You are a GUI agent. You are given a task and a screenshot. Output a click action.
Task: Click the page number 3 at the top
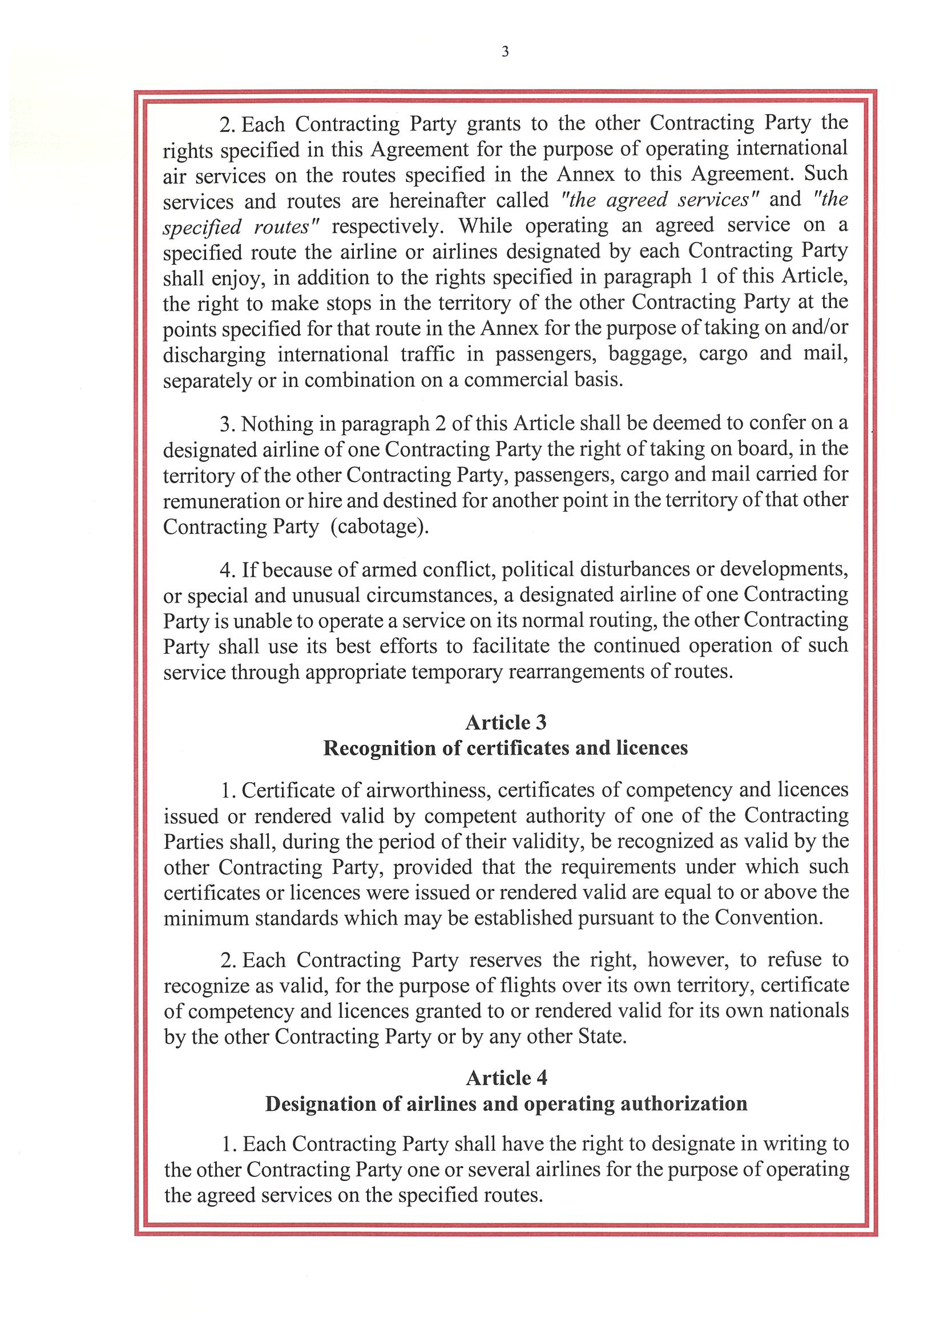(x=505, y=52)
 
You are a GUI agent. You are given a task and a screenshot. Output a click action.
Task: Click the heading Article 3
(x=506, y=722)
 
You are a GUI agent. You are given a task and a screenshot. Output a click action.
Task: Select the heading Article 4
(x=506, y=1078)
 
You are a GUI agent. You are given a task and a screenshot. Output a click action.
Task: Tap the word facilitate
(x=509, y=645)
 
